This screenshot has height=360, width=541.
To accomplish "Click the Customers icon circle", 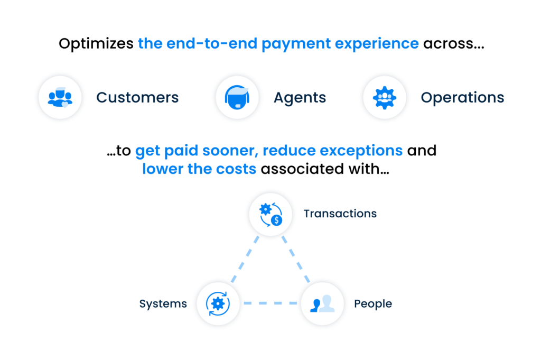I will pos(60,97).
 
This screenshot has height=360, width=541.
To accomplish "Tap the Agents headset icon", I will pos(237,97).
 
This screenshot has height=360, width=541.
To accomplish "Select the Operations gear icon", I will pos(385,97).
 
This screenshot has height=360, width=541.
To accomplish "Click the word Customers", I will pos(137,98).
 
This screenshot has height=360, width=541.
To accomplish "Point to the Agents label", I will pos(300,98).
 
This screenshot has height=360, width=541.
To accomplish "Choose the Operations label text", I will pos(462,98).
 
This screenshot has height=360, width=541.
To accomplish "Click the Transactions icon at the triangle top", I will pos(270,214).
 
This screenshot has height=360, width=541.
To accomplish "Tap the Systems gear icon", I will pos(218,303).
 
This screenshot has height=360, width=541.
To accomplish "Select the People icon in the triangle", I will pos(322,303).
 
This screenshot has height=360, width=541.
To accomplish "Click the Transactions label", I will pos(340,214).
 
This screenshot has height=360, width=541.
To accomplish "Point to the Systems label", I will pos(163,304).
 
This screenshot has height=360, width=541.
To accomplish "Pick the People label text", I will pos(373,304).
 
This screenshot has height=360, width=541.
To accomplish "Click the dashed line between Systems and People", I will pos(270,303).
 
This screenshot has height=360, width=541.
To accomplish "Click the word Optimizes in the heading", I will pos(96,44).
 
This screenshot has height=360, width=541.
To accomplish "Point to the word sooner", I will pos(230,151).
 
